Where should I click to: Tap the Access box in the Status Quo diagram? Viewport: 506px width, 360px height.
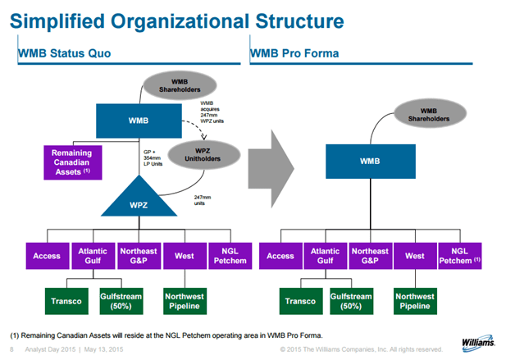coord(47,256)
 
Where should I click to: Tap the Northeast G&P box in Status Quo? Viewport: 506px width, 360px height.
coord(139,256)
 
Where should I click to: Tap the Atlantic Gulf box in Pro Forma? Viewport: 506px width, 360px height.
coord(325,256)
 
